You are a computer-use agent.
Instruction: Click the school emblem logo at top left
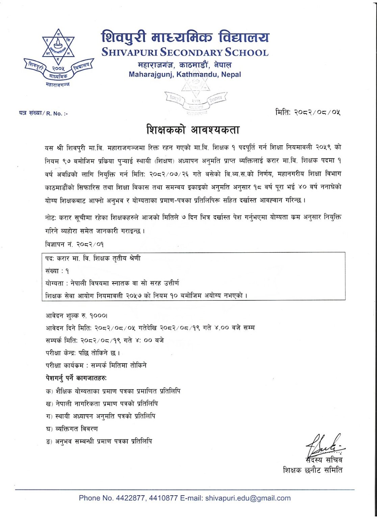point(58,57)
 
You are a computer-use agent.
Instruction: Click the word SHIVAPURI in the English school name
point(129,53)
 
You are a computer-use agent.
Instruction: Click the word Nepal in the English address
point(231,74)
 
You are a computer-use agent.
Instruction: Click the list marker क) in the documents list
point(48,391)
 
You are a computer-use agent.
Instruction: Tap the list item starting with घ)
point(72,429)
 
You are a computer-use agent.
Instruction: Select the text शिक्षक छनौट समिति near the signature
point(312,470)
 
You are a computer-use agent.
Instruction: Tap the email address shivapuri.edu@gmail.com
point(248,498)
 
